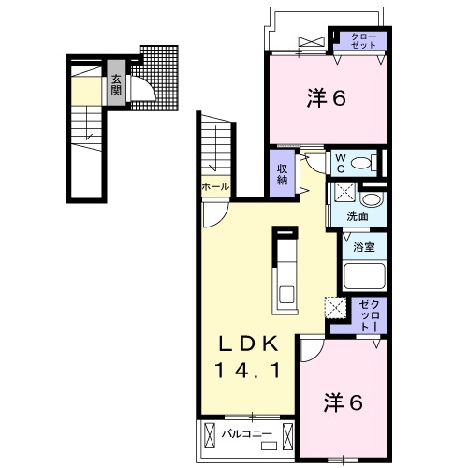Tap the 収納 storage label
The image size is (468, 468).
pyautogui.click(x=282, y=174)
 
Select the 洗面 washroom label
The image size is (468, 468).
pyautogui.click(x=358, y=216)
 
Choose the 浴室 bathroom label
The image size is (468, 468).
pyautogui.click(x=364, y=248)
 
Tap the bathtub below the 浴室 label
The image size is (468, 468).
pyautogui.click(x=364, y=277)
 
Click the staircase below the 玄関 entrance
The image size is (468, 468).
pyautogui.click(x=87, y=131)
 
